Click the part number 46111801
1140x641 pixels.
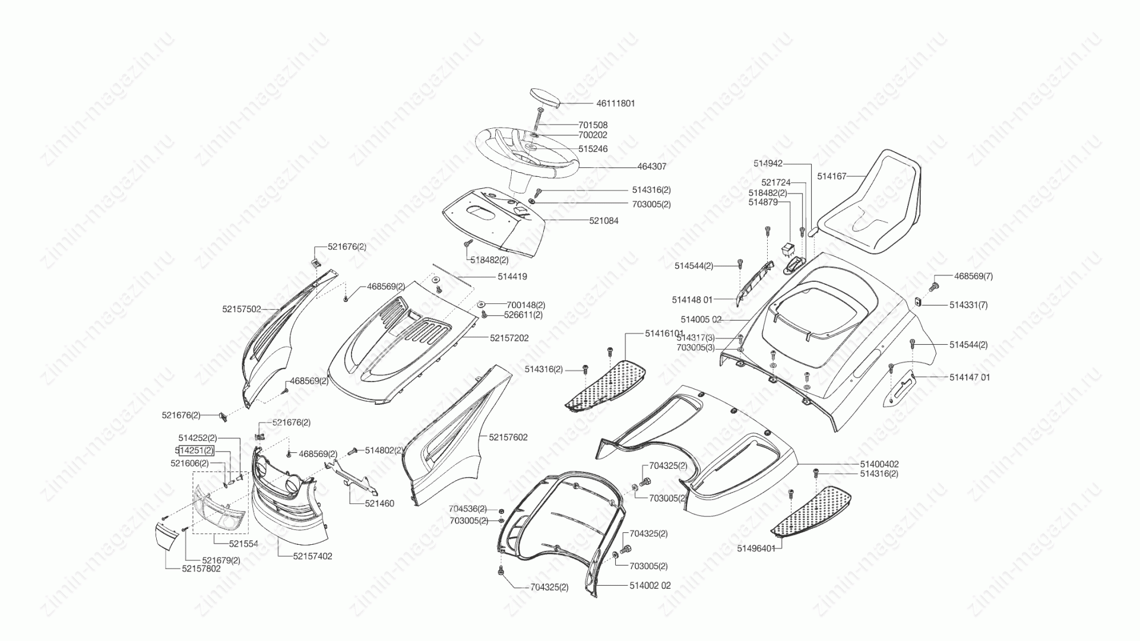pos(616,103)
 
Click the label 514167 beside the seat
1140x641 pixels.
pos(831,176)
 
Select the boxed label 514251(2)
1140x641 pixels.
pos(194,450)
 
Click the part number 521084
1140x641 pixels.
pos(604,221)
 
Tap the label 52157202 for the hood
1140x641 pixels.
pos(509,338)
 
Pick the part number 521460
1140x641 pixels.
pos(379,504)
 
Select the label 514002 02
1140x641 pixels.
pos(650,586)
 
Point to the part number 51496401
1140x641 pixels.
pos(756,548)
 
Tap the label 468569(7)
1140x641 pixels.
pos(973,276)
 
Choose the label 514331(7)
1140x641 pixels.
pos(968,305)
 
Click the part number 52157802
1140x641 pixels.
pos(185,569)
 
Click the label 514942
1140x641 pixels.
pos(768,163)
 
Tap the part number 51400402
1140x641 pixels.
pos(879,464)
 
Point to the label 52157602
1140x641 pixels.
pos(508,437)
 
